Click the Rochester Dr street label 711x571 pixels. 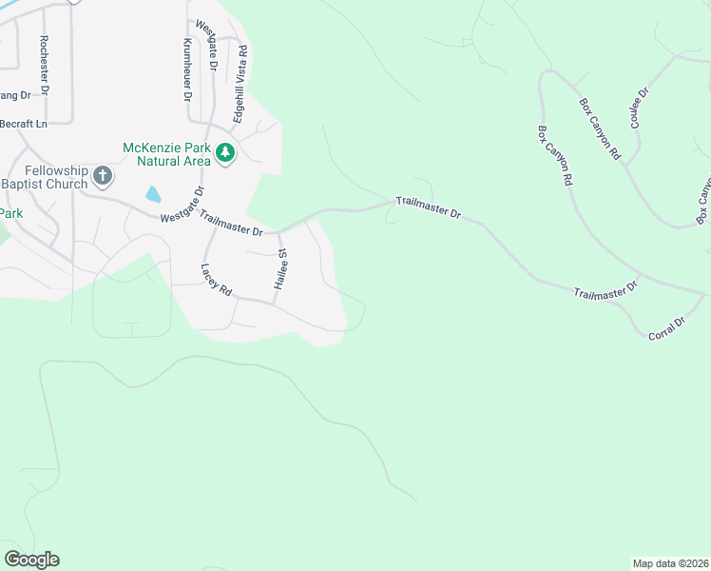(44, 66)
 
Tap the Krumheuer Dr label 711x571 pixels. (187, 70)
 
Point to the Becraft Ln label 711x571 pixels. (23, 124)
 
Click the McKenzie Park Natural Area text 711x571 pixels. (166, 154)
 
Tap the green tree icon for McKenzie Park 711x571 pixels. (225, 153)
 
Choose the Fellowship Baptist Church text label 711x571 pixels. (44, 177)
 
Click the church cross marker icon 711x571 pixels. (104, 176)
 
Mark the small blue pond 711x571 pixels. (153, 194)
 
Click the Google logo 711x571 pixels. (31, 560)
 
